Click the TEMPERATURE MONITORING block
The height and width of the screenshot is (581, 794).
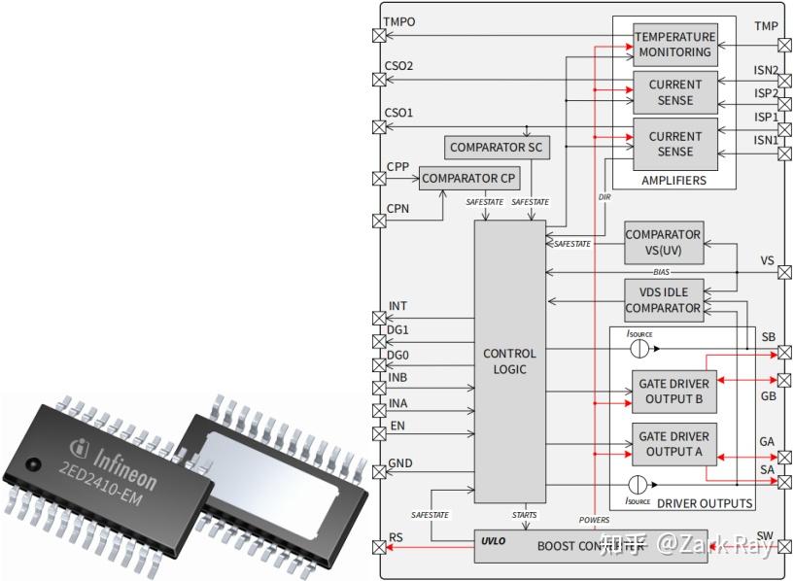pos(674,45)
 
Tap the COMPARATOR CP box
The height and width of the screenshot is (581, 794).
pos(469,179)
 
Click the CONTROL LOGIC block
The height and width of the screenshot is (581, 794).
pos(509,361)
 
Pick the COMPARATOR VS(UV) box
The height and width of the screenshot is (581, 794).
pos(663,242)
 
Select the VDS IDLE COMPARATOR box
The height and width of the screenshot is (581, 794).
pos(663,300)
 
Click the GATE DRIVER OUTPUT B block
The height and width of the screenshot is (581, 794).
pos(674,392)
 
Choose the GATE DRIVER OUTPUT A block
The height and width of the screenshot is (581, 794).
pos(674,444)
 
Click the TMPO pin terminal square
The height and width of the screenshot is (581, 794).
pos(379,36)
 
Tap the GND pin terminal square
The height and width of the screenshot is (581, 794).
pos(379,472)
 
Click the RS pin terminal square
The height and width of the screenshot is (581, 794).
pos(379,548)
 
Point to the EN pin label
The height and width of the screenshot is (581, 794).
pos(397,425)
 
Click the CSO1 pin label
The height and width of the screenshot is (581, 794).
pos(398,113)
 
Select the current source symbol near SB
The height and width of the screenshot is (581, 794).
pos(638,348)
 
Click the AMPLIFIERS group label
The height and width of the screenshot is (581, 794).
pos(673,181)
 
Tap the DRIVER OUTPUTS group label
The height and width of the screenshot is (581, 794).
pos(705,503)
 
